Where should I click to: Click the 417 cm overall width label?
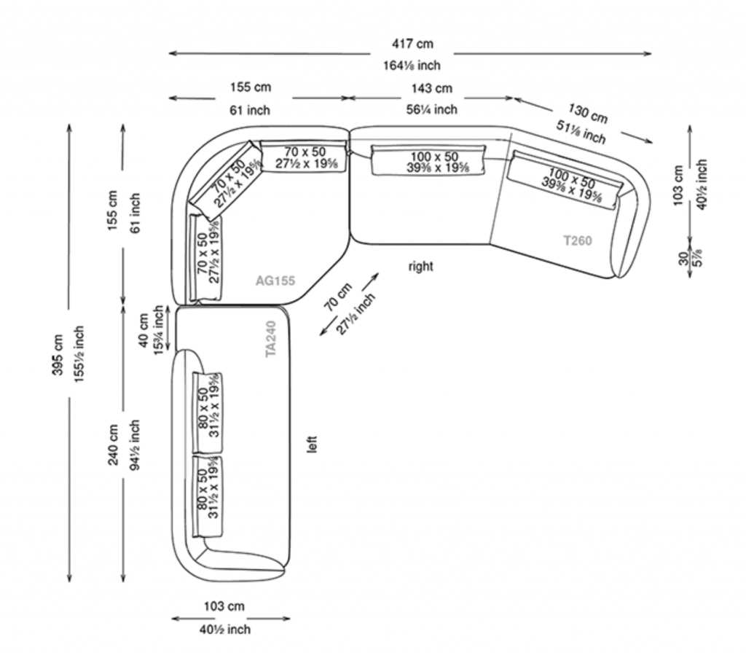[x=412, y=45]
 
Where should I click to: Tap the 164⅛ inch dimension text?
[x=412, y=66]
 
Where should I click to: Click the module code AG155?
[x=275, y=280]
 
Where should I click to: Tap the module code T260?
[x=578, y=240]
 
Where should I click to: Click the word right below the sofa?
[x=420, y=267]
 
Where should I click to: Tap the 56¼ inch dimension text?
[x=432, y=109]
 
